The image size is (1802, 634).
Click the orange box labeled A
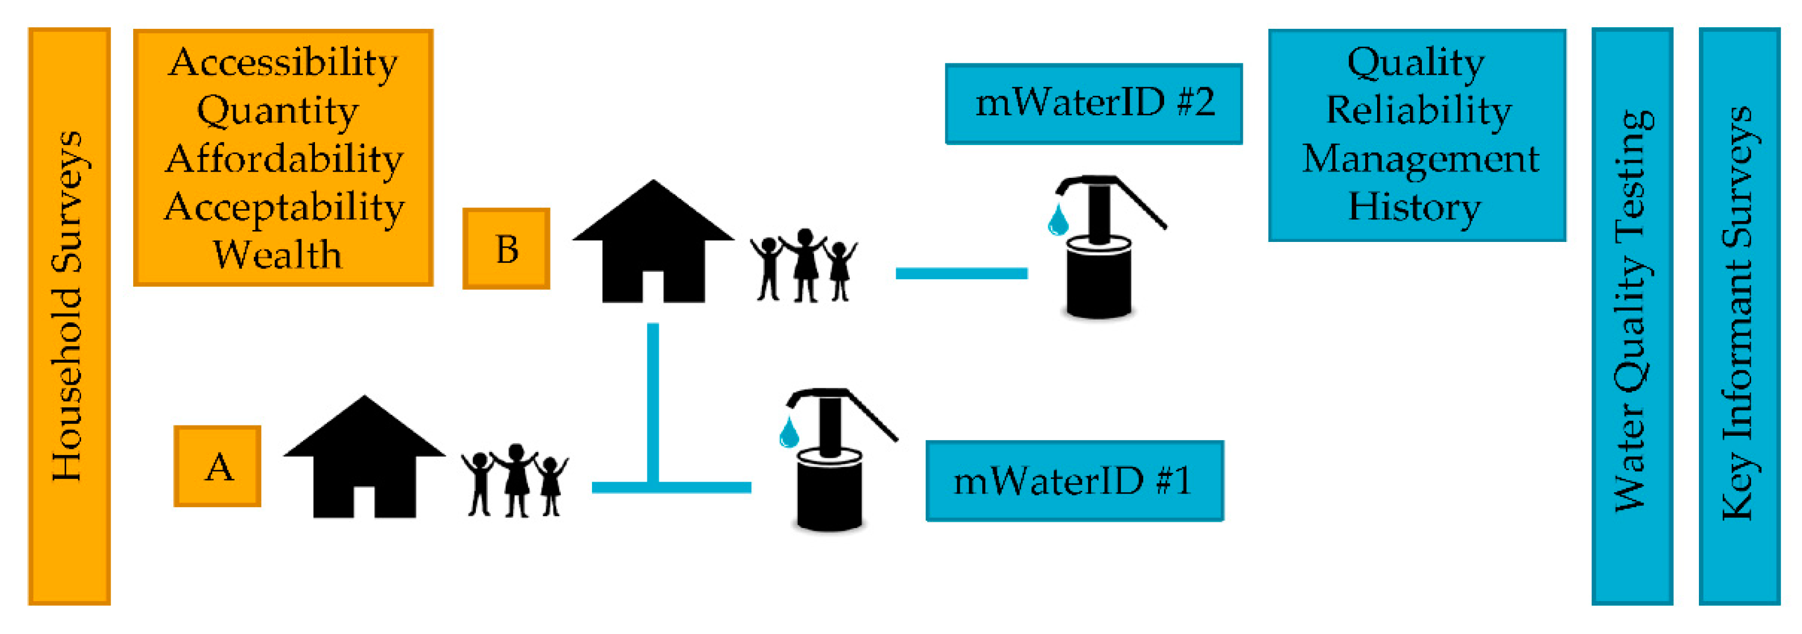[218, 466]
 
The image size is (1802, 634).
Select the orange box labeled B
[506, 248]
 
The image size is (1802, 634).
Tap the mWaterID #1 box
[1074, 481]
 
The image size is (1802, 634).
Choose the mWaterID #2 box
[1093, 104]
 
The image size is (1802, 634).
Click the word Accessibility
[283, 63]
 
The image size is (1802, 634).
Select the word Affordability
[284, 159]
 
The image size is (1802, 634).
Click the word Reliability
[1418, 110]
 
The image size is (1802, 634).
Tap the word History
[1415, 207]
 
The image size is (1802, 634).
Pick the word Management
[1420, 159]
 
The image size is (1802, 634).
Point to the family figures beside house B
[804, 266]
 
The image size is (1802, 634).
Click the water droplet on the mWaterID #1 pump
[789, 433]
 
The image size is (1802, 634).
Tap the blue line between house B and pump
[961, 274]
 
